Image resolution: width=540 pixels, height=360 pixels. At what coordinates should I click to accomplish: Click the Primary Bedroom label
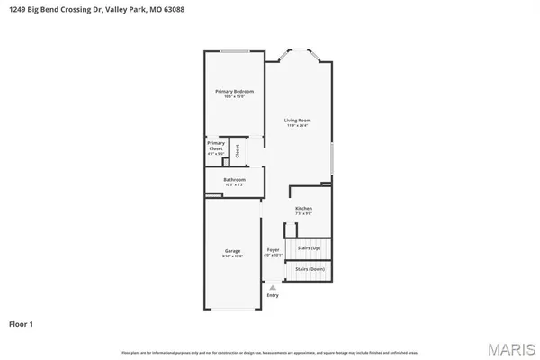pos(234,91)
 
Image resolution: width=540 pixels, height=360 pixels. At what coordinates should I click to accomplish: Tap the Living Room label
pos(297,120)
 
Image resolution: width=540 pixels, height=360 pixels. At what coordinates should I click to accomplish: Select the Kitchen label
pos(303,208)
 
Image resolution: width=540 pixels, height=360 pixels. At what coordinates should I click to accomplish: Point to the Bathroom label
pos(234,179)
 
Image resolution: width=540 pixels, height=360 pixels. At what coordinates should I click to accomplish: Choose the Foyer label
pos(273,249)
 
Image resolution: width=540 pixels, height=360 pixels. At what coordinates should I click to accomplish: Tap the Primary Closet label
pos(216,145)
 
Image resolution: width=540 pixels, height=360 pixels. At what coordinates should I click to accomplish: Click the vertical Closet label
pos(238,151)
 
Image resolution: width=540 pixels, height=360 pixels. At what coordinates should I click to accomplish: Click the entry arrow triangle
pos(273,288)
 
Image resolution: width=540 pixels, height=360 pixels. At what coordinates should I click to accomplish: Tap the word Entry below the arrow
pos(273,295)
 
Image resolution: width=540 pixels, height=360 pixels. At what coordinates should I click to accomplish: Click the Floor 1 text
pos(22,322)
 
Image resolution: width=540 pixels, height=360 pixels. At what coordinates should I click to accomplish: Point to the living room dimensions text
pos(297,125)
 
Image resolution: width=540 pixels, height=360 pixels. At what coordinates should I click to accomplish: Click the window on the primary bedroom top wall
pos(235,50)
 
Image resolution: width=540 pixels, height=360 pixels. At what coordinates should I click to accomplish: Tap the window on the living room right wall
pos(333,157)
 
